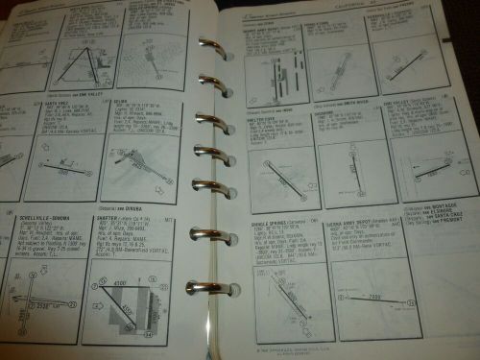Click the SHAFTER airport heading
(x=113, y=219)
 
